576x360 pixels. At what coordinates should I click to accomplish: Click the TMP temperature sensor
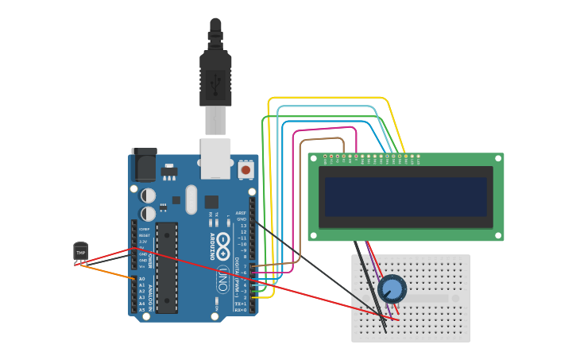coord(80,251)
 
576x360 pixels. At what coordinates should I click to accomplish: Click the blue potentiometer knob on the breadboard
coord(392,288)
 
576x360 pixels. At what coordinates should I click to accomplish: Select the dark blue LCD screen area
coord(405,196)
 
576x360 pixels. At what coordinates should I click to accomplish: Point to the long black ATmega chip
coord(166,268)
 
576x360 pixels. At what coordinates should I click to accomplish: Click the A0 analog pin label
coord(142,279)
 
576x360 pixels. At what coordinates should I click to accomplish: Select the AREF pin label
coord(242,213)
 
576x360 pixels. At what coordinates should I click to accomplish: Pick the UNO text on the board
coord(224,279)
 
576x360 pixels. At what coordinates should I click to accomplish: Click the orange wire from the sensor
coord(107,271)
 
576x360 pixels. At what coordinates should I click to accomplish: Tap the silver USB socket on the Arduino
coord(215,158)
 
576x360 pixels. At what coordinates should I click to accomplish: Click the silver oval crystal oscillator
coord(191,199)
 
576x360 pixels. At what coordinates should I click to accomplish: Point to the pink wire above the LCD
coord(326,127)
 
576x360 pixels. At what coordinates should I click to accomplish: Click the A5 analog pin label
coord(142,309)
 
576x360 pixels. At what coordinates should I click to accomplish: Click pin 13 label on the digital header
coord(242,226)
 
